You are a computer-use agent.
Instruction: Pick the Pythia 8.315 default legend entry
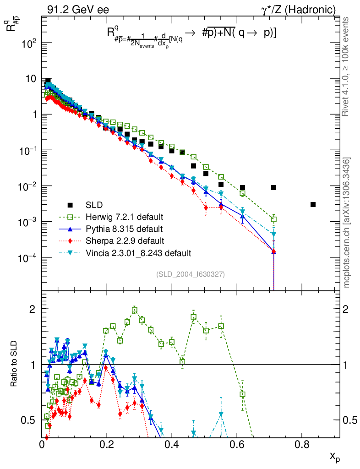(x=123, y=228)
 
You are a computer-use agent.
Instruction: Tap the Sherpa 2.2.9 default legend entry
(x=123, y=240)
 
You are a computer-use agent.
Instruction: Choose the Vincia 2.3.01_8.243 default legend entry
(x=137, y=252)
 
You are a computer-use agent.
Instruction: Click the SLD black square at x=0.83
(x=313, y=204)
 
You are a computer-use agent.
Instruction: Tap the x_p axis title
(x=335, y=457)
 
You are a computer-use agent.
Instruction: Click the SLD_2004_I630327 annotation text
(x=190, y=274)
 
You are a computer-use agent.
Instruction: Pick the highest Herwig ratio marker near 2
(x=135, y=310)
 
